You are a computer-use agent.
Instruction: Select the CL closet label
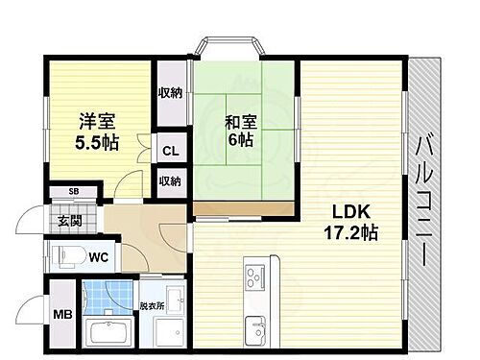click(170, 151)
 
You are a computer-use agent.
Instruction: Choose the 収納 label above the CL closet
click(170, 94)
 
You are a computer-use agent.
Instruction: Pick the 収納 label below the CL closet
click(170, 180)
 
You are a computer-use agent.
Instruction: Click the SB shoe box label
click(73, 192)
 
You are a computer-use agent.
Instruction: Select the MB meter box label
click(60, 313)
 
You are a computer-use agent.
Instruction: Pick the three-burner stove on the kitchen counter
click(258, 278)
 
